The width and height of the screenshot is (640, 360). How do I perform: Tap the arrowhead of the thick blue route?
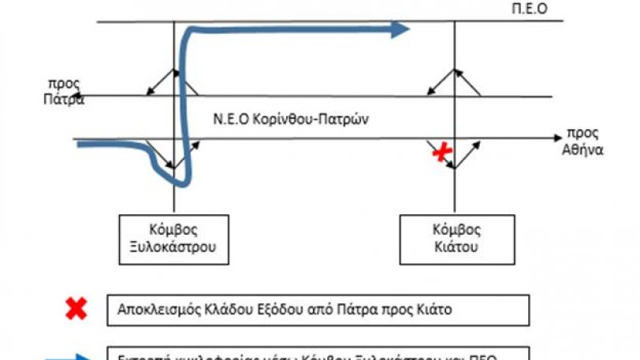(x=401, y=29)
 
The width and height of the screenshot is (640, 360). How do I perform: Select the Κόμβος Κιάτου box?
(x=454, y=237)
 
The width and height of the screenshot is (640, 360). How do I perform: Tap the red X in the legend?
(x=76, y=308)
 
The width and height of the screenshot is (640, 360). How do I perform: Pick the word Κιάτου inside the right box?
(x=454, y=245)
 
